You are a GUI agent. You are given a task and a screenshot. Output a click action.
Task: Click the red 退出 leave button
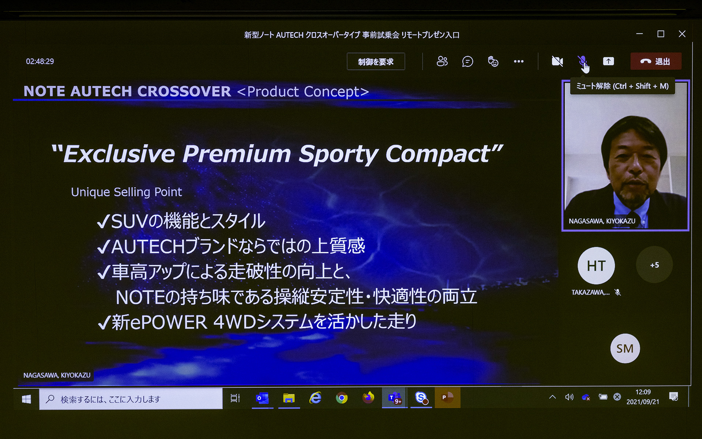tap(656, 61)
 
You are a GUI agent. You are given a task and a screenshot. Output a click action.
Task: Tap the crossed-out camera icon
tap(557, 61)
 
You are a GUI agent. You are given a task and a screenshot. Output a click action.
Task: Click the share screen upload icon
tap(608, 61)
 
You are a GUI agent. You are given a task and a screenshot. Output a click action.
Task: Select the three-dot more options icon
tap(518, 61)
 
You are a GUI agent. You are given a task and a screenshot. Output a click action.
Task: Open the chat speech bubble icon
tap(467, 61)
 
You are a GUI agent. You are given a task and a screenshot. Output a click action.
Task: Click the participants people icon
tap(442, 61)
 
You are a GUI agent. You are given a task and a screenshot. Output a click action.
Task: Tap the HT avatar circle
tap(596, 266)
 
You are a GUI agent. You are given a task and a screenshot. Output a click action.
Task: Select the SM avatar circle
tap(625, 349)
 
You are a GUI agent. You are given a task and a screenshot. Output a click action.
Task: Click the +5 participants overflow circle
tap(654, 265)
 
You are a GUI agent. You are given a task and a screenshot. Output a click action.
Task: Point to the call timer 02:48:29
tap(40, 61)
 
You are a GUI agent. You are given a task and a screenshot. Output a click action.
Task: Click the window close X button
tap(682, 34)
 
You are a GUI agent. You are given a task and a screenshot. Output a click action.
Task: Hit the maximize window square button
tap(661, 34)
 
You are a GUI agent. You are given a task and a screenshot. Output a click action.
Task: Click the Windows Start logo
tap(26, 399)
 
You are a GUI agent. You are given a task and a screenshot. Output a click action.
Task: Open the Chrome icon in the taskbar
tap(342, 398)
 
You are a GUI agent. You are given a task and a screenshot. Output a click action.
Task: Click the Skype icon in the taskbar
tap(421, 398)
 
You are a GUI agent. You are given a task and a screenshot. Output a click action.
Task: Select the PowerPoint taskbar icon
tap(447, 398)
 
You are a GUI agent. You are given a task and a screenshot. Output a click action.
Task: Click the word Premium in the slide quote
tap(237, 154)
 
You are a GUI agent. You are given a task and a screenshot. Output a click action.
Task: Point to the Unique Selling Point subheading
tap(126, 192)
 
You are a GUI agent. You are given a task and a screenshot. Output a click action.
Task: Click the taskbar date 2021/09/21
tap(643, 402)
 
